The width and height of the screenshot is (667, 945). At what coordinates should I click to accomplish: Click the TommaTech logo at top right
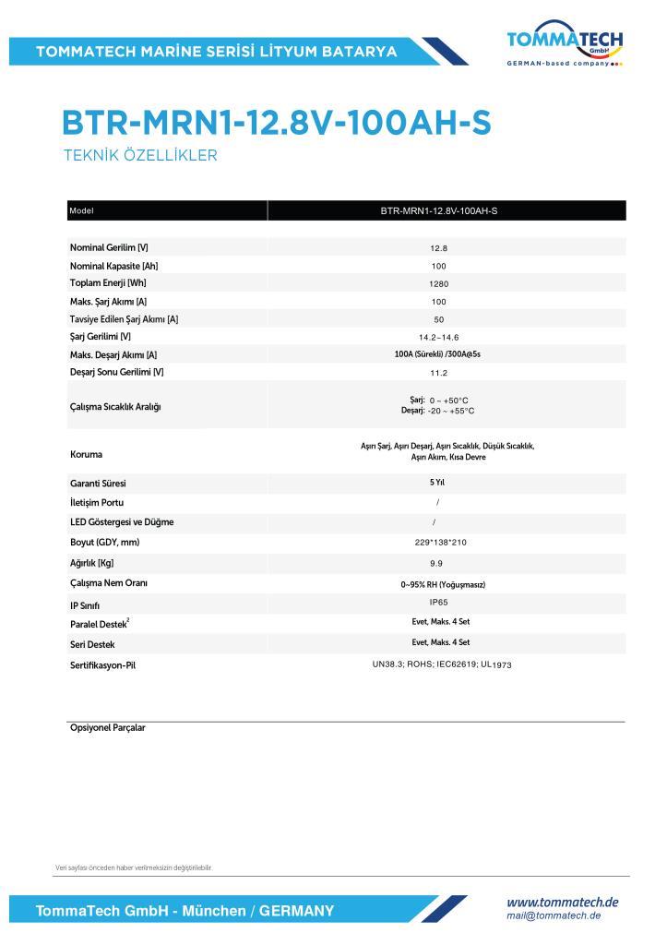click(x=565, y=43)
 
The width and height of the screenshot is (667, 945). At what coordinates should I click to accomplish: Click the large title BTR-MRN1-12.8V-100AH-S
click(x=276, y=124)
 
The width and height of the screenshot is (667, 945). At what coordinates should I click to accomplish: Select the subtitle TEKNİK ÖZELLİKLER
click(x=139, y=156)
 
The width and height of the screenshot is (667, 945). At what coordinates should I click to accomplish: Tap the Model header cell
click(x=82, y=210)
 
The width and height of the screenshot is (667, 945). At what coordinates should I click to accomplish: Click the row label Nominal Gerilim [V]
click(x=109, y=247)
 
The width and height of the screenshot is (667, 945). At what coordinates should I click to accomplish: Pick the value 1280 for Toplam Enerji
click(x=438, y=283)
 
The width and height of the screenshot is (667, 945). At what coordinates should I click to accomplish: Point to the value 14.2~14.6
click(x=438, y=337)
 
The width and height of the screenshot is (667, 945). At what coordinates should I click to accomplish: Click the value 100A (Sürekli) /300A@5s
click(x=438, y=354)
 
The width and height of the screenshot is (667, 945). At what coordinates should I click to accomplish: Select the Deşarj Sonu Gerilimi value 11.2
click(x=438, y=373)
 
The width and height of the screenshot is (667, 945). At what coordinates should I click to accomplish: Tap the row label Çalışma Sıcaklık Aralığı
click(x=115, y=407)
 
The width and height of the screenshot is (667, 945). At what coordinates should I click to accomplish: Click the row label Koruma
click(x=87, y=455)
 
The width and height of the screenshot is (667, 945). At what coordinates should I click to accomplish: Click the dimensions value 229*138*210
click(x=440, y=542)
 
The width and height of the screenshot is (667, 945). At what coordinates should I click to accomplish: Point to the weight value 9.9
click(x=437, y=562)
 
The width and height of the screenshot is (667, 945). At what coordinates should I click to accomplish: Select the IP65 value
click(x=440, y=602)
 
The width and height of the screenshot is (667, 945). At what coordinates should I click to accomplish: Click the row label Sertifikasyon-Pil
click(x=103, y=664)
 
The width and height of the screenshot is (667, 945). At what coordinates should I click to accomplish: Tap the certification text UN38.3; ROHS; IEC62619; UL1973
click(x=441, y=664)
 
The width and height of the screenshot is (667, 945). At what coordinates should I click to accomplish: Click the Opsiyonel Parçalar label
click(x=108, y=728)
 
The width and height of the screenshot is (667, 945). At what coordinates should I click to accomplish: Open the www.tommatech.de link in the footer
click(x=563, y=902)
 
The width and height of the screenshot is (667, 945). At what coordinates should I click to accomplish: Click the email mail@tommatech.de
click(x=554, y=915)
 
